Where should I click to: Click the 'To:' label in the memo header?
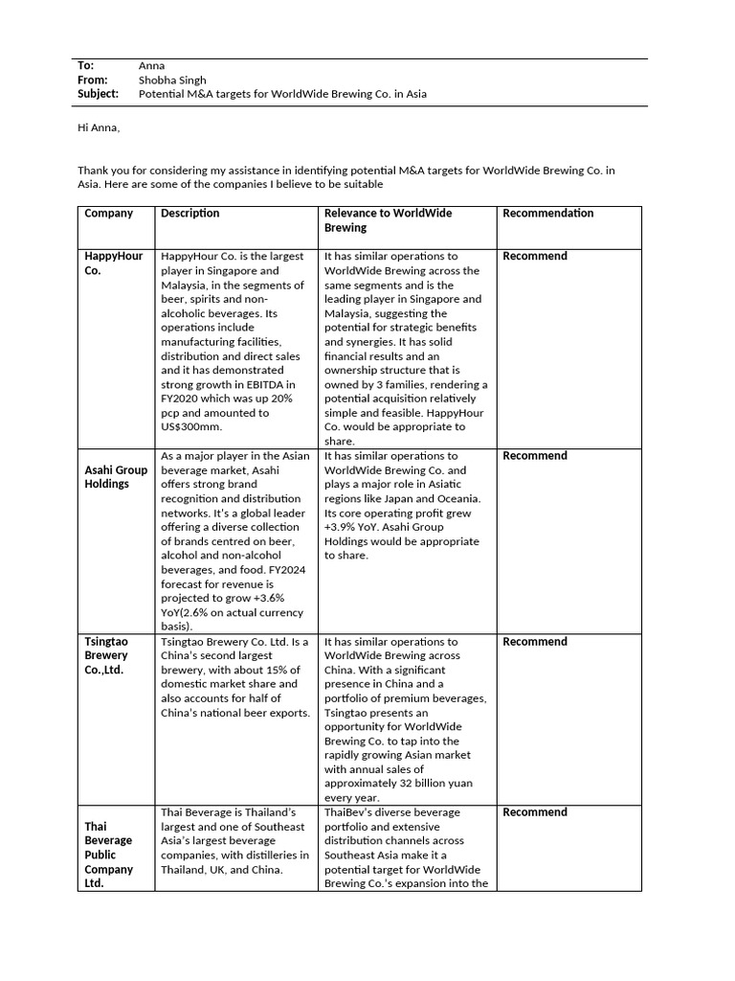click(x=85, y=65)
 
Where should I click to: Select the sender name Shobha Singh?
click(x=172, y=80)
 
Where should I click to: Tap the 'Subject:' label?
click(x=98, y=94)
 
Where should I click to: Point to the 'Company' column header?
click(x=109, y=214)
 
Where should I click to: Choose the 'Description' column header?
click(x=190, y=214)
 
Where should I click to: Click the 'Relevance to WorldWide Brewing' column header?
click(x=389, y=220)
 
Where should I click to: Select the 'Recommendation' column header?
click(x=547, y=214)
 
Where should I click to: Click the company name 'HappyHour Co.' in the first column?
click(x=114, y=263)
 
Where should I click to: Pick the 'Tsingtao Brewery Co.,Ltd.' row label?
click(x=106, y=655)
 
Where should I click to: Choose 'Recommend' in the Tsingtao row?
click(x=535, y=642)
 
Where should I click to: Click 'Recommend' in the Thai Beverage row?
click(x=535, y=812)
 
